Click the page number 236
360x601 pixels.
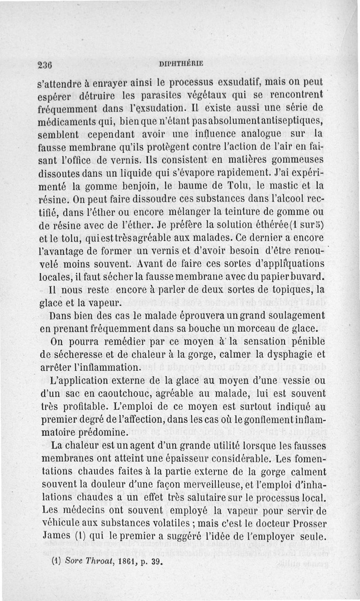(45, 63)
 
